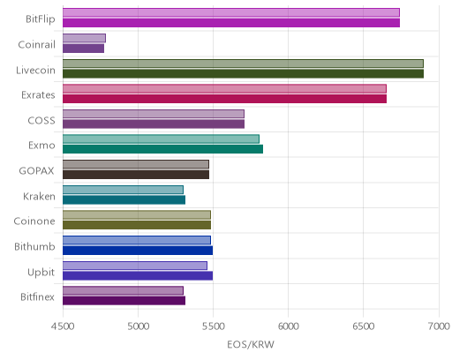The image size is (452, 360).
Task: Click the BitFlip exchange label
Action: tap(41, 19)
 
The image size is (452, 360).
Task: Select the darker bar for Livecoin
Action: tap(243, 74)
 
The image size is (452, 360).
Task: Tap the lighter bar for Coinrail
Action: tap(84, 38)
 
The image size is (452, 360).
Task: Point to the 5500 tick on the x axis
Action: tap(213, 326)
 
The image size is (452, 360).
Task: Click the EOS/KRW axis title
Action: tap(251, 344)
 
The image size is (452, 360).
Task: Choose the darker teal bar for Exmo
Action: tap(162, 149)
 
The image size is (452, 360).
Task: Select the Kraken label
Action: tap(39, 196)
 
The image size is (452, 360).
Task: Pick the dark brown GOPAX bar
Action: tap(136, 175)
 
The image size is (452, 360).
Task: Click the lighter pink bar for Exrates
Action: tap(224, 88)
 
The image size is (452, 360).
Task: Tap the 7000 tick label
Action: tap(439, 326)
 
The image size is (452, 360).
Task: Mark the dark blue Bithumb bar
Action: tap(138, 251)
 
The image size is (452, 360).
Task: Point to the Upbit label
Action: tap(41, 273)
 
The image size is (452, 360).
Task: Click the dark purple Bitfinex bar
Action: tap(124, 301)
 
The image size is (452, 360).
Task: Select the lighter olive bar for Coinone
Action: tap(137, 215)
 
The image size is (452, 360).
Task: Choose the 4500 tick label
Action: tap(63, 326)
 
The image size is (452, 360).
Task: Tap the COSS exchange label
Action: tap(41, 121)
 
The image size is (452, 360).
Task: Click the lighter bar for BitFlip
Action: tap(231, 12)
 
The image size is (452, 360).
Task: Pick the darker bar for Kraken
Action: tap(124, 200)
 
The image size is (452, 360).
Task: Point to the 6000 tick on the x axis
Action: tap(288, 326)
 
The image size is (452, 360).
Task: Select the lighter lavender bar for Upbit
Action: tap(135, 266)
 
